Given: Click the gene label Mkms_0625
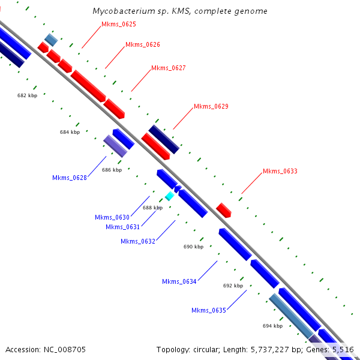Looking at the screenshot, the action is tap(119, 25).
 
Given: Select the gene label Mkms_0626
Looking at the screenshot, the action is tap(143, 45).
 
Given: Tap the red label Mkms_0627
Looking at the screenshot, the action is tap(169, 68).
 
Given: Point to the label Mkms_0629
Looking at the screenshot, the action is tap(211, 107).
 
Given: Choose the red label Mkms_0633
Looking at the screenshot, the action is tap(280, 172).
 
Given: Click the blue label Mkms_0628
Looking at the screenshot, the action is tap(70, 178).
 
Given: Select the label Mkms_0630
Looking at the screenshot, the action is tap(112, 217).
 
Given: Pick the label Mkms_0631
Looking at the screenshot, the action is tap(122, 227).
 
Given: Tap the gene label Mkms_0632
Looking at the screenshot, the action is tap(138, 241).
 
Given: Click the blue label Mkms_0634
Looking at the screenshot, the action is tap(179, 281).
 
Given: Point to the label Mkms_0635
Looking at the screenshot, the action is tap(209, 310).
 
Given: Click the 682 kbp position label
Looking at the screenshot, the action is tap(27, 95).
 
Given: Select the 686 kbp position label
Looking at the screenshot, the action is tap(112, 170).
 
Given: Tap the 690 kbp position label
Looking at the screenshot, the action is tap(193, 247).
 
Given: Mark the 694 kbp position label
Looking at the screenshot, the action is tap(272, 326).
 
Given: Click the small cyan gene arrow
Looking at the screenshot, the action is tap(169, 196).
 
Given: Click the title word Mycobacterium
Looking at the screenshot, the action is tap(122, 11).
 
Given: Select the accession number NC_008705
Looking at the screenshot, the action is tap(66, 349).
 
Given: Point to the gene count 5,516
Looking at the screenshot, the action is tap(343, 349).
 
